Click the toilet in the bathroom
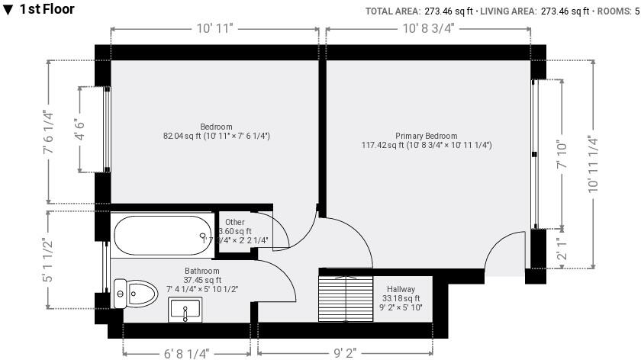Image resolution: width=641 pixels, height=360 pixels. (x=132, y=293)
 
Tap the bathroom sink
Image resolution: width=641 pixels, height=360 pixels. (x=184, y=311)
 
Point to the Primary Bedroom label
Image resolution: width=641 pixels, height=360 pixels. (x=427, y=136)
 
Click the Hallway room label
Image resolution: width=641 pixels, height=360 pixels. (x=401, y=289)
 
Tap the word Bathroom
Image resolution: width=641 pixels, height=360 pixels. (x=202, y=271)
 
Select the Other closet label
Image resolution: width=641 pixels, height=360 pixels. (x=235, y=222)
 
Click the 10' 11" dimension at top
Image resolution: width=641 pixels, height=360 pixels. (x=214, y=29)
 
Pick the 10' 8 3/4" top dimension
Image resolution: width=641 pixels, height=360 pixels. (x=428, y=29)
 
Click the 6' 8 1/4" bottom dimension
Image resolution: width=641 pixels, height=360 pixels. (x=186, y=352)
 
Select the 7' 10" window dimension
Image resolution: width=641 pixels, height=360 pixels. (x=564, y=154)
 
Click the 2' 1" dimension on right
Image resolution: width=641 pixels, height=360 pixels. (x=564, y=249)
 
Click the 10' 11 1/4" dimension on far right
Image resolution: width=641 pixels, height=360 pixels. (x=592, y=165)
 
